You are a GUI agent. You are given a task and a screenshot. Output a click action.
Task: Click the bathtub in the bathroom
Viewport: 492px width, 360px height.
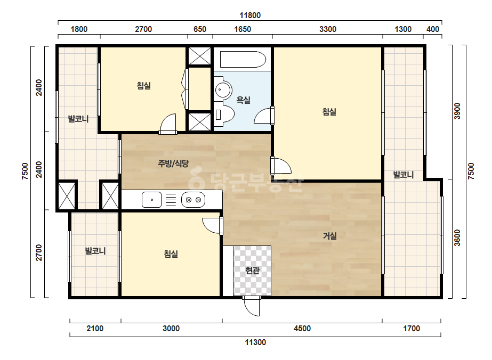click(243, 59)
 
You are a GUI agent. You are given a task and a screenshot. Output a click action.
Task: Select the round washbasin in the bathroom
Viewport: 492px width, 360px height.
click(223, 90)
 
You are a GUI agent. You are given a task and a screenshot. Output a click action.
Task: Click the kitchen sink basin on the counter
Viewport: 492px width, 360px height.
click(151, 200)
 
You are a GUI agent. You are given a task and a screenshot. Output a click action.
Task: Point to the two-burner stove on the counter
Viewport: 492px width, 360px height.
click(193, 200)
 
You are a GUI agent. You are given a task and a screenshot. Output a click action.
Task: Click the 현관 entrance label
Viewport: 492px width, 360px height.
click(253, 270)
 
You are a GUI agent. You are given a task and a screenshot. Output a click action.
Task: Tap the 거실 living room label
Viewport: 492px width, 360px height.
click(330, 236)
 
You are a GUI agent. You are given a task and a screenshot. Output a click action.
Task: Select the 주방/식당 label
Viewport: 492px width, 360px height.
click(173, 163)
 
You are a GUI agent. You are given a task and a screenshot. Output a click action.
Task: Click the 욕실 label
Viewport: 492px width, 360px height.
click(244, 100)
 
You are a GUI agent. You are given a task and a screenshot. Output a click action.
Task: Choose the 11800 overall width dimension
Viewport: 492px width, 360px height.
click(250, 15)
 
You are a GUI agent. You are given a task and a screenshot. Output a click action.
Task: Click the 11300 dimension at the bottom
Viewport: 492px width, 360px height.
click(255, 342)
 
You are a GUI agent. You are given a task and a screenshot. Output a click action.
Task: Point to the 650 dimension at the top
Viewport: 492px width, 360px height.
click(200, 29)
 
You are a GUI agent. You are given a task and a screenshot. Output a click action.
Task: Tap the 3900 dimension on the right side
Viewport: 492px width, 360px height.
click(457, 111)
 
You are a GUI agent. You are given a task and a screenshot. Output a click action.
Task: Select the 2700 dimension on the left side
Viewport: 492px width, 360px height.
click(38, 253)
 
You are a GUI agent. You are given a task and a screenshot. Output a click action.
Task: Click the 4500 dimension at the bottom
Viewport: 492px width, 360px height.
click(302, 329)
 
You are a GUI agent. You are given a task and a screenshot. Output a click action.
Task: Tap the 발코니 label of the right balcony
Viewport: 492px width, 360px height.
click(404, 175)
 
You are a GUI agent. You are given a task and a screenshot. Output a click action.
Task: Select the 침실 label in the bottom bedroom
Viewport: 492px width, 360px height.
click(171, 253)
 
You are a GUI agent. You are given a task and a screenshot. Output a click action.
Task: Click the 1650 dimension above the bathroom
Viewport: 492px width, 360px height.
click(243, 29)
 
